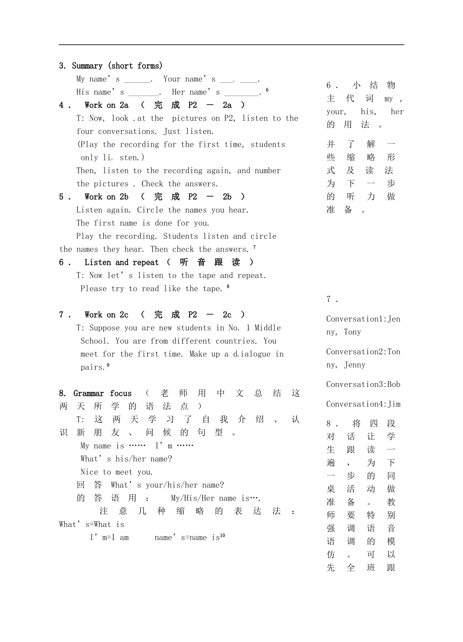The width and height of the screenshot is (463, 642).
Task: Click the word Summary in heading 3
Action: [87, 66]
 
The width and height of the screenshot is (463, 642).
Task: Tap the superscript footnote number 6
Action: [267, 90]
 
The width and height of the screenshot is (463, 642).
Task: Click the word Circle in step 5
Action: [150, 210]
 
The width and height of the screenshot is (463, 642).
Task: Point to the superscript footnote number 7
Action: [254, 247]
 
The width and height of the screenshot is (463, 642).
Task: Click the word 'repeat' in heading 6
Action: [146, 262]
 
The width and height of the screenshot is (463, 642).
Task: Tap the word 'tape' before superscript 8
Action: [212, 289]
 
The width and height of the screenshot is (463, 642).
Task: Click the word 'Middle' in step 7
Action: [268, 328]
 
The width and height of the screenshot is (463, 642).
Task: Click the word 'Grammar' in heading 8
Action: [89, 393]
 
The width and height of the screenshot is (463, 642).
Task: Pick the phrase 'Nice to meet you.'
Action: [116, 472]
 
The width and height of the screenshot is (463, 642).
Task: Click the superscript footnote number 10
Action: [222, 535]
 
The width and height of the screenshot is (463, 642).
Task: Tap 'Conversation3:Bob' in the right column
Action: [363, 385]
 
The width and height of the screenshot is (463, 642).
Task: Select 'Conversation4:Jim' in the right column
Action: [363, 404]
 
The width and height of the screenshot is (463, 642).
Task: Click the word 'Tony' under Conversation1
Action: [352, 332]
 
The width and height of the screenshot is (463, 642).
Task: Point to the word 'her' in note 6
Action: [397, 112]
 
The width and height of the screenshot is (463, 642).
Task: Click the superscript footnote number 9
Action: [108, 365]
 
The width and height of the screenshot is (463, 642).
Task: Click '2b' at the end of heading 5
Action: [227, 197]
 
